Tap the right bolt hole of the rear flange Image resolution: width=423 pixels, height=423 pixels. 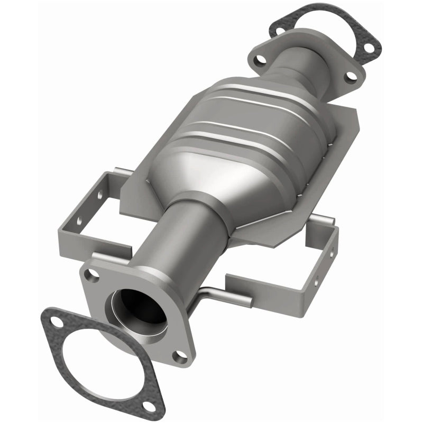pos(350,76)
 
